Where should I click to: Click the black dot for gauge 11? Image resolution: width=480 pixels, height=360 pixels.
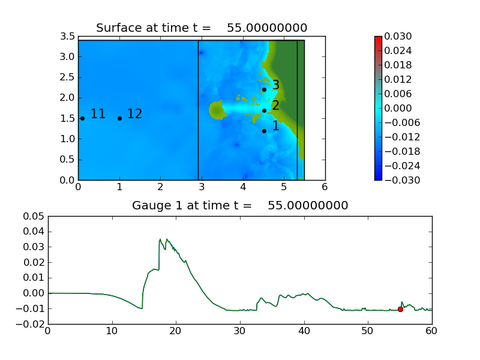[82, 118]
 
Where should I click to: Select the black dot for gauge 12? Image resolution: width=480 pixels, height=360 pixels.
[119, 118]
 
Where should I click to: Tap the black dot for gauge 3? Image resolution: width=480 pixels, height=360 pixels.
[264, 89]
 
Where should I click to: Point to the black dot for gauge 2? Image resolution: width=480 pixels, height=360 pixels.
[264, 110]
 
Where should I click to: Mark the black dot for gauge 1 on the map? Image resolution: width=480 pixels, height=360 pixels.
[264, 131]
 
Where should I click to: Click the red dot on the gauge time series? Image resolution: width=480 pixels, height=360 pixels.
[400, 309]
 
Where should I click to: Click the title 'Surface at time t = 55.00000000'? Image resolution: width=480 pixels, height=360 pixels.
[202, 28]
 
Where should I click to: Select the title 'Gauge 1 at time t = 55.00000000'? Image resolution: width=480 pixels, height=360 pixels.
[240, 205]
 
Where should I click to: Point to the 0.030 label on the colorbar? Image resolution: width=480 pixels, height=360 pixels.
[397, 37]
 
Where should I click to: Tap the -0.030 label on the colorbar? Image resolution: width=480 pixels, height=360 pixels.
[395, 180]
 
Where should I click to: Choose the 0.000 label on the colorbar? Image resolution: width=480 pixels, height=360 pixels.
[397, 108]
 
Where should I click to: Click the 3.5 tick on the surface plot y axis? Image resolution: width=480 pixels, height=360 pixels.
[68, 37]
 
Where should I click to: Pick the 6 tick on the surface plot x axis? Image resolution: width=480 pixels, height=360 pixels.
[325, 187]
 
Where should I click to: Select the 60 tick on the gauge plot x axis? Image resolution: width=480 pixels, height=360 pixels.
[432, 331]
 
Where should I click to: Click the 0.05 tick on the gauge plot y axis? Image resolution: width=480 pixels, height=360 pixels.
[34, 216]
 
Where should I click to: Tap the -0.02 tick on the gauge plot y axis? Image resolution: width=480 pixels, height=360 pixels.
[31, 324]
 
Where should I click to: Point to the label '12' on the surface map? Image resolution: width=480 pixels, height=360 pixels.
[134, 114]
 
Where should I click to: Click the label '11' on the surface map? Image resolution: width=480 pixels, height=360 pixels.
[98, 114]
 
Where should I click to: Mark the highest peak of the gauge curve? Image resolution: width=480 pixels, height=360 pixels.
[160, 239]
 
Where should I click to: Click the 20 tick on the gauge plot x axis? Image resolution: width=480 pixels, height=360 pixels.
[176, 331]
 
